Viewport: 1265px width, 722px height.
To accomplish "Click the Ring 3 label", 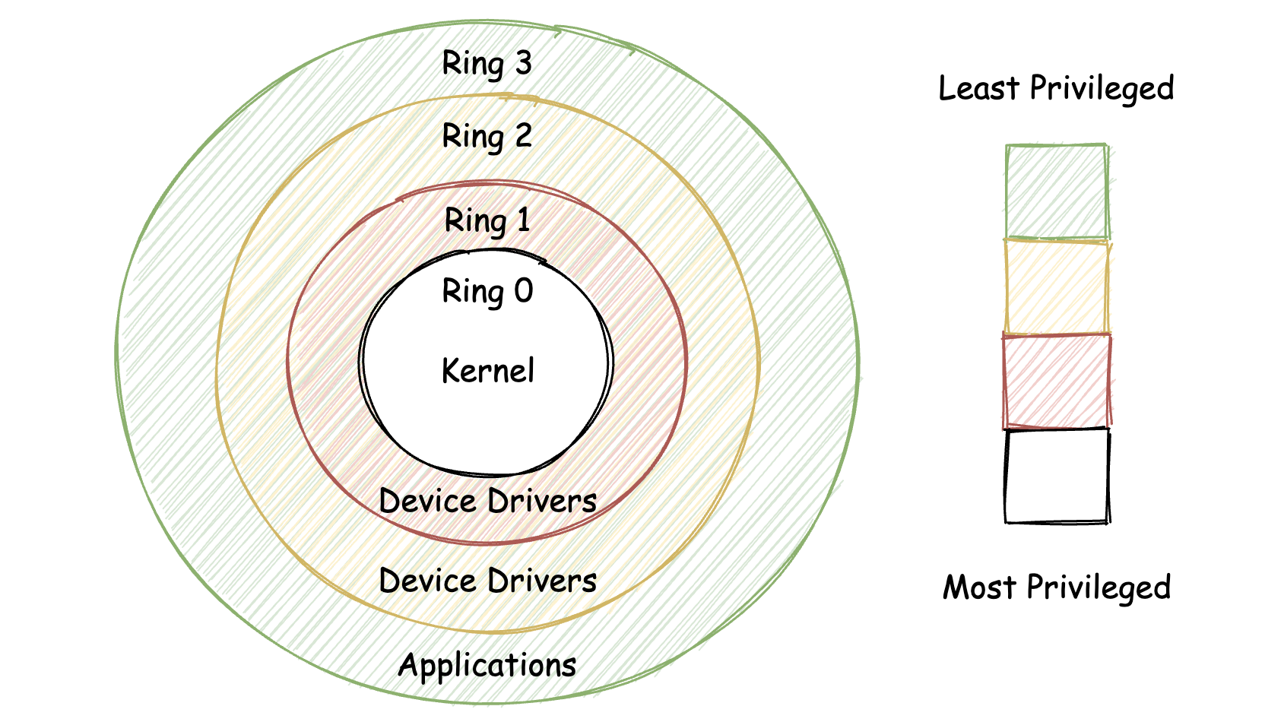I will click(487, 64).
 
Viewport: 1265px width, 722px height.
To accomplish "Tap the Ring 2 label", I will click(487, 137).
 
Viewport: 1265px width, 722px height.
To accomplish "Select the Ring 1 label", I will click(487, 220).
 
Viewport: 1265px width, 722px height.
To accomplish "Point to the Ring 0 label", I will click(487, 292).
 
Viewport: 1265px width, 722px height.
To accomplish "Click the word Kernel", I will click(487, 371).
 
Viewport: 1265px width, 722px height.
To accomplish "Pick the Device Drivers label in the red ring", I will click(487, 501).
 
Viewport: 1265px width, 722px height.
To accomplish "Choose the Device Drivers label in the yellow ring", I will click(487, 581).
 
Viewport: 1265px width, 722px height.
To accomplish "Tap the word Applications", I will click(487, 666).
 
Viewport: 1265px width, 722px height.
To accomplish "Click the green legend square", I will click(1057, 192).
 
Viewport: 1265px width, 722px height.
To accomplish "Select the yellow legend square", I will click(1057, 287).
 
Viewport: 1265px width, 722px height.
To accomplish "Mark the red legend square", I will click(1057, 382).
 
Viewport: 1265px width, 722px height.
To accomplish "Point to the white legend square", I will click(1057, 476).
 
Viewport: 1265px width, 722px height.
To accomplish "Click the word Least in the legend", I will click(979, 88).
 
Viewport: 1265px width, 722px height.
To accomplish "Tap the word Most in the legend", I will click(979, 587).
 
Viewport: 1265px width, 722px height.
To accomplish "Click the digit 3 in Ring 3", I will click(522, 63).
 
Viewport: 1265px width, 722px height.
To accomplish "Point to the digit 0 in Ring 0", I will click(524, 290).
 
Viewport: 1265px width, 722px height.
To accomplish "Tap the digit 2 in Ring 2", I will click(522, 135).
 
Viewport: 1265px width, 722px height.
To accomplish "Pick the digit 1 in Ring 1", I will click(523, 220).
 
